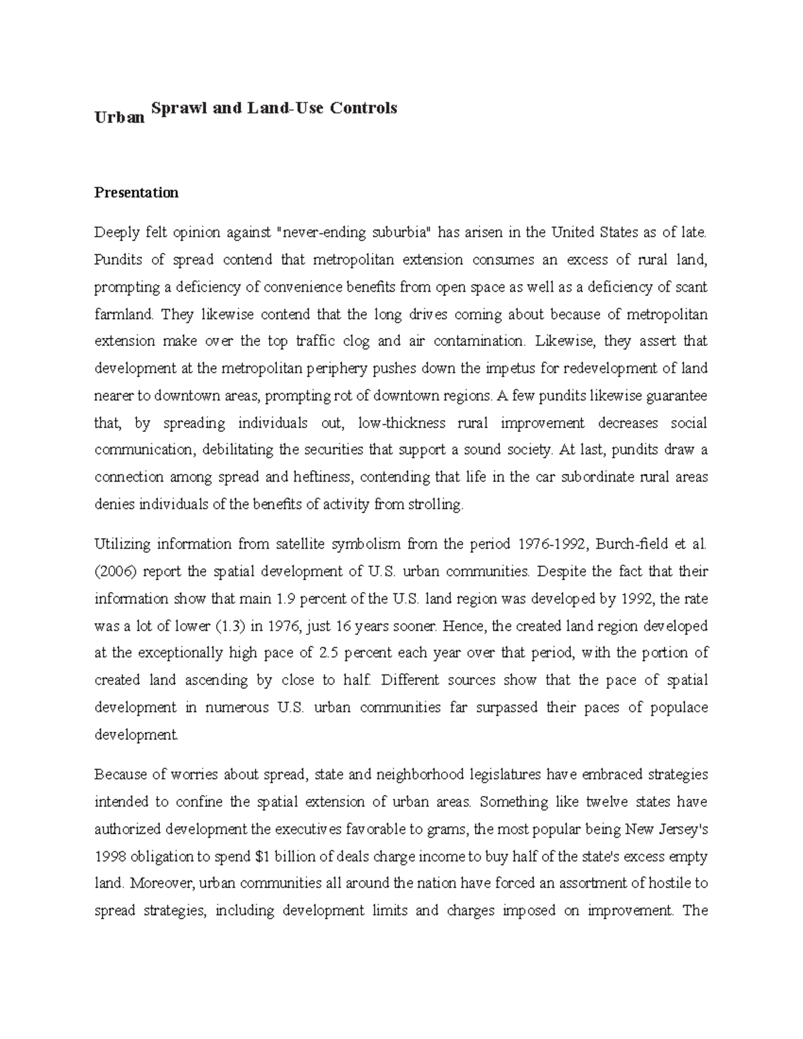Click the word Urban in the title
[119, 118]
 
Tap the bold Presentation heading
[137, 193]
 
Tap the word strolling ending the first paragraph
[434, 505]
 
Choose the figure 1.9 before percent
[286, 599]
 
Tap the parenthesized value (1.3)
[230, 626]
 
